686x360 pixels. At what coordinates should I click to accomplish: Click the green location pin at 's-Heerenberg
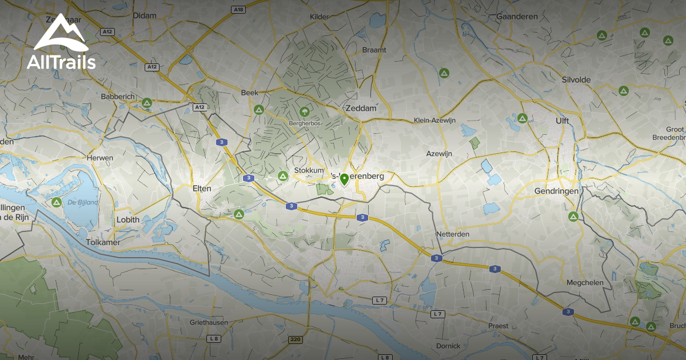(x=344, y=179)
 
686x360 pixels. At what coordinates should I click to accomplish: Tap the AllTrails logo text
(x=61, y=62)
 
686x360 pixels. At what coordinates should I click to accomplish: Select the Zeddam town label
(x=360, y=107)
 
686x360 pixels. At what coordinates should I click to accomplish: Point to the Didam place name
(x=144, y=16)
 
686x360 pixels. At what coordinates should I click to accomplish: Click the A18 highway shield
(x=238, y=10)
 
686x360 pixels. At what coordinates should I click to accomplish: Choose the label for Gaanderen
(x=517, y=17)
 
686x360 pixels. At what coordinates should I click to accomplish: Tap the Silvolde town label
(x=576, y=80)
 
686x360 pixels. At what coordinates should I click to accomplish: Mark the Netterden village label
(x=452, y=234)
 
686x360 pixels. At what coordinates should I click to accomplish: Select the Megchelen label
(x=585, y=283)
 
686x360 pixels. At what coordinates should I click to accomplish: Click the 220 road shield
(x=296, y=339)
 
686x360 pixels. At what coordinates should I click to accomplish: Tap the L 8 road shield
(x=214, y=338)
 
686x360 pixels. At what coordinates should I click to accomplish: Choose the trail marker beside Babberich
(x=147, y=103)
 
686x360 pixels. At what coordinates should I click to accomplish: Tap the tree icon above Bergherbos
(x=304, y=111)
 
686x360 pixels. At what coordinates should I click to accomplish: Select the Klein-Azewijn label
(x=434, y=121)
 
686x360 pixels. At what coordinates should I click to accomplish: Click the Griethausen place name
(x=209, y=322)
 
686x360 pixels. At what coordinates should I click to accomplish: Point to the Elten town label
(x=202, y=189)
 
